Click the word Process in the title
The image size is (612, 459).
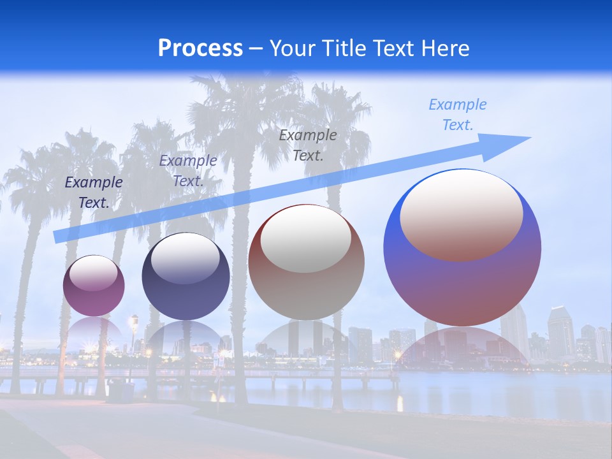(x=200, y=48)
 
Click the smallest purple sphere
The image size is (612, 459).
(x=94, y=286)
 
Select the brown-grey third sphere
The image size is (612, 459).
(x=306, y=263)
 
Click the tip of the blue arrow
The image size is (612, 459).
(x=529, y=138)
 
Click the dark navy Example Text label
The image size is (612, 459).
(x=94, y=193)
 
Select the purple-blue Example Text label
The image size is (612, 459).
(x=188, y=171)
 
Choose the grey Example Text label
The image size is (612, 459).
(x=308, y=145)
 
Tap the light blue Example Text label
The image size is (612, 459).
(x=457, y=115)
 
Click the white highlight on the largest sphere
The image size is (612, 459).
(x=461, y=215)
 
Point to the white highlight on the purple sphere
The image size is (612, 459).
(x=94, y=273)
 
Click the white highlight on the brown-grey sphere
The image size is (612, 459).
(x=306, y=240)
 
